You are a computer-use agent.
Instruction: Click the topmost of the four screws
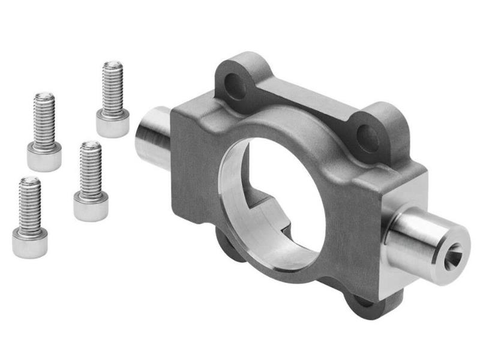tap(112, 99)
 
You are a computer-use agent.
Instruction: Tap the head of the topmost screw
tap(112, 124)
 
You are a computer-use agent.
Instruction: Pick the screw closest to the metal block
tap(91, 180)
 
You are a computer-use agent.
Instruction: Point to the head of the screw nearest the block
tap(91, 205)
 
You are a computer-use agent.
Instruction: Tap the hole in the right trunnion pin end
tap(454, 256)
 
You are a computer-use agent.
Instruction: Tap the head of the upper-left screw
tap(44, 157)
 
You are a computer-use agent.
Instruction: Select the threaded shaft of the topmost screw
tap(112, 87)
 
